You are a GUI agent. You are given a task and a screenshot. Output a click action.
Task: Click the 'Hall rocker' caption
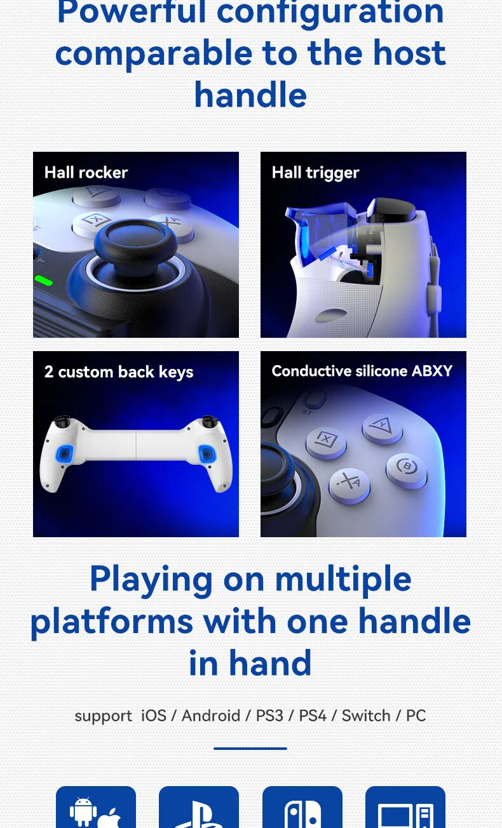pos(86,173)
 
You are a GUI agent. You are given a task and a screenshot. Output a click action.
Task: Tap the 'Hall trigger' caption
pos(315,173)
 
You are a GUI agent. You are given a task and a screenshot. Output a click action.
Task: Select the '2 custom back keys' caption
pos(119,372)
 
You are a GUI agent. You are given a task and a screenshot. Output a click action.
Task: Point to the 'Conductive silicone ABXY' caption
pos(362,371)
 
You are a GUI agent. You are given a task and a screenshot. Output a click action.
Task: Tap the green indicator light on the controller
pos(43,279)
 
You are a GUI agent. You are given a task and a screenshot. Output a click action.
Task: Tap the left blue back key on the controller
pos(64,453)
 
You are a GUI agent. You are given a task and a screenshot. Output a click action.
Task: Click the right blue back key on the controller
pos(207,453)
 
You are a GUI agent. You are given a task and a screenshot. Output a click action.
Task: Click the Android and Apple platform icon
pos(96,810)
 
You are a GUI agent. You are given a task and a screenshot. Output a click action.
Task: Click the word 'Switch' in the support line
pos(366,716)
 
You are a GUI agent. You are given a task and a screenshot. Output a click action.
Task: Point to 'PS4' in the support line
pos(313,716)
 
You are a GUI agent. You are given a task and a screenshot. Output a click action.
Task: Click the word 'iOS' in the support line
pos(154,716)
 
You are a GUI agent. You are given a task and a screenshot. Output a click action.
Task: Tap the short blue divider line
pos(250,749)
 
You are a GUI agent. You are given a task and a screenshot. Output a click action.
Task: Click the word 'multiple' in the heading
pos(343,579)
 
